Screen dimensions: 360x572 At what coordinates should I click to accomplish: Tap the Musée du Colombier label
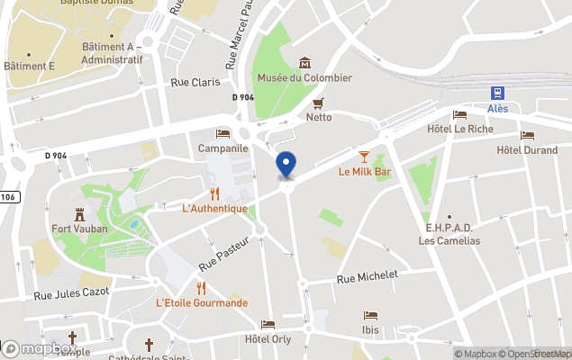pyautogui.click(x=304, y=78)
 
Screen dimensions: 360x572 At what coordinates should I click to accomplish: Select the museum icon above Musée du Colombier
pyautogui.click(x=304, y=62)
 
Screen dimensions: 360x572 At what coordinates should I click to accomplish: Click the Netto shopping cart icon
pyautogui.click(x=318, y=103)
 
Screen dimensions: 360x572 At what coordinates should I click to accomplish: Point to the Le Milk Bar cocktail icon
pyautogui.click(x=364, y=156)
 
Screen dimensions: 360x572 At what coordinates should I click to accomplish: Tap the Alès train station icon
pyautogui.click(x=497, y=93)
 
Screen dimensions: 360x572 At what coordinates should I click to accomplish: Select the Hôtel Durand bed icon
pyautogui.click(x=527, y=135)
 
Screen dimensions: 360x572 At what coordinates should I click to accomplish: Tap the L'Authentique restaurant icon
pyautogui.click(x=214, y=193)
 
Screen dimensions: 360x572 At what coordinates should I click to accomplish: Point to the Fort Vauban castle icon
pyautogui.click(x=79, y=213)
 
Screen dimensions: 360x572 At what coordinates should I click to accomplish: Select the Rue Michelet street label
pyautogui.click(x=367, y=277)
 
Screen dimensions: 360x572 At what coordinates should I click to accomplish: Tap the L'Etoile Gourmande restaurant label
pyautogui.click(x=202, y=303)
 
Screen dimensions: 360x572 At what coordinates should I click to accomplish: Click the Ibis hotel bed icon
pyautogui.click(x=370, y=315)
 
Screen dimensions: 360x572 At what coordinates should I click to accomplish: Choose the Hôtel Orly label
pyautogui.click(x=268, y=339)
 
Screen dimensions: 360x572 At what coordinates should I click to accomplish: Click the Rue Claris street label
pyautogui.click(x=195, y=82)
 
